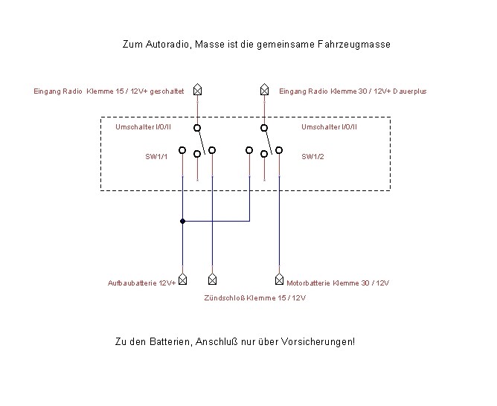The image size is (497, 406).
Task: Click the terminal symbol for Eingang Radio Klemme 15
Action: tap(197, 89)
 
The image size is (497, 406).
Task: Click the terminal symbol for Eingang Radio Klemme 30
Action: tap(264, 89)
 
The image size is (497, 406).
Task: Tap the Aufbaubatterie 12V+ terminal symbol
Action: tap(182, 279)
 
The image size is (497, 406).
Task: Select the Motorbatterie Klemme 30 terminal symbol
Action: tap(279, 279)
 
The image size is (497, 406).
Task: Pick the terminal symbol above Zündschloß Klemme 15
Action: tap(212, 279)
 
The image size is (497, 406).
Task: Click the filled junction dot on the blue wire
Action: tap(182, 221)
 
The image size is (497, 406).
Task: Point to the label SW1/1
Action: tap(156, 156)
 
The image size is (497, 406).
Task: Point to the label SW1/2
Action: tap(312, 156)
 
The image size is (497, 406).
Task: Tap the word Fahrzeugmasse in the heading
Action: tap(354, 45)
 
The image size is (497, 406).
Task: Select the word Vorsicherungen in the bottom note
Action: tap(318, 342)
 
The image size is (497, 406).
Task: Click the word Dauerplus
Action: tap(409, 91)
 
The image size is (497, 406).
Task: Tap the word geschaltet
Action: tap(167, 91)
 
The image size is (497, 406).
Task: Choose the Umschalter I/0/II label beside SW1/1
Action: tap(143, 127)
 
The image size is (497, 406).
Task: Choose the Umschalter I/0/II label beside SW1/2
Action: tap(329, 127)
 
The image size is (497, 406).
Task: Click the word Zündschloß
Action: tap(224, 298)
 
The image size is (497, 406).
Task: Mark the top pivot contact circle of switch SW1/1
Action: tap(197, 128)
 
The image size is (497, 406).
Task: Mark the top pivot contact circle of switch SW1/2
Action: tap(264, 128)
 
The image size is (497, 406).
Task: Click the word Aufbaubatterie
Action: tap(132, 283)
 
